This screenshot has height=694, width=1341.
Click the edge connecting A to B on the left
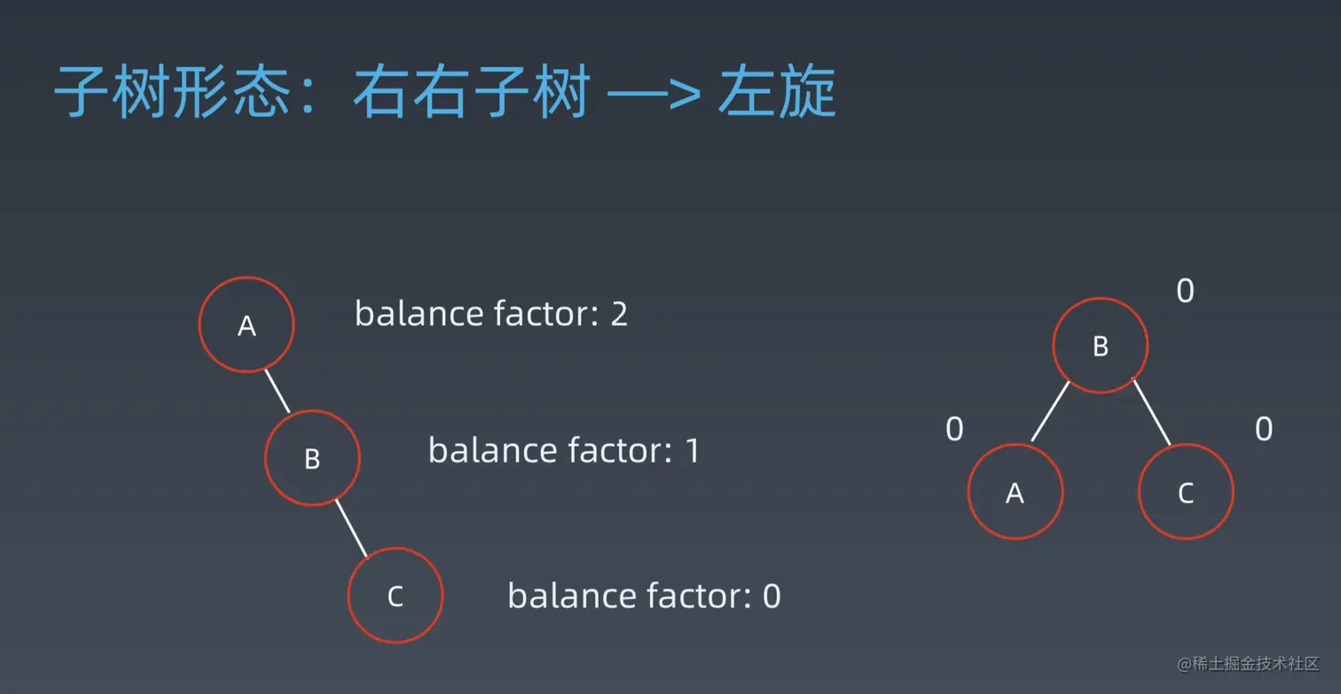278,391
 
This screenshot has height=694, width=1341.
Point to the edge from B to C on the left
351,529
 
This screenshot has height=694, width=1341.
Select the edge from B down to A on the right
1050,411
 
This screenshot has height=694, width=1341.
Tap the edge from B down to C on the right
1152,413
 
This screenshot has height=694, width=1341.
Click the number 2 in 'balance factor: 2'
619,314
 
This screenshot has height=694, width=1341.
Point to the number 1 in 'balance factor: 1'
693,451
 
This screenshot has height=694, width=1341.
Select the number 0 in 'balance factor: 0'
772,597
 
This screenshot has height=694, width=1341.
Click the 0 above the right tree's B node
1185,292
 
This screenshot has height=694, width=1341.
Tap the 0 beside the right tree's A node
955,429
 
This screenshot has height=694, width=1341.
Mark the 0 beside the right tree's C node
1264,429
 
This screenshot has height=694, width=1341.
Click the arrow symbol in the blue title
654,94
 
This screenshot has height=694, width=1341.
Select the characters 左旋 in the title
777,92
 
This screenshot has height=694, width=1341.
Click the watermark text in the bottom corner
1248,664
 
